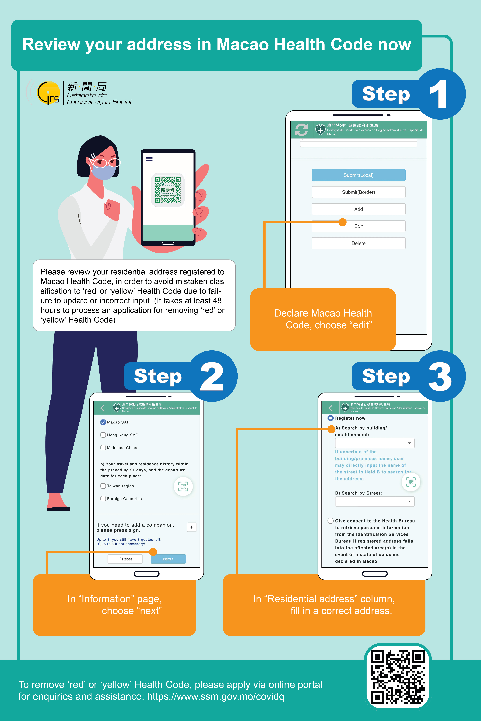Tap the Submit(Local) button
[x=358, y=175]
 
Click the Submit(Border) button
[x=358, y=192]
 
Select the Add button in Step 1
[x=358, y=209]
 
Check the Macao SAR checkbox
[x=103, y=422]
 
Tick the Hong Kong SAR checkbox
[x=103, y=435]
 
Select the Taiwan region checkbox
[x=103, y=486]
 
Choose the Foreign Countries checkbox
[x=103, y=499]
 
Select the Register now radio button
[x=330, y=418]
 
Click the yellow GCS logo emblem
[x=48, y=93]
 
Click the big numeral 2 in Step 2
[x=212, y=376]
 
